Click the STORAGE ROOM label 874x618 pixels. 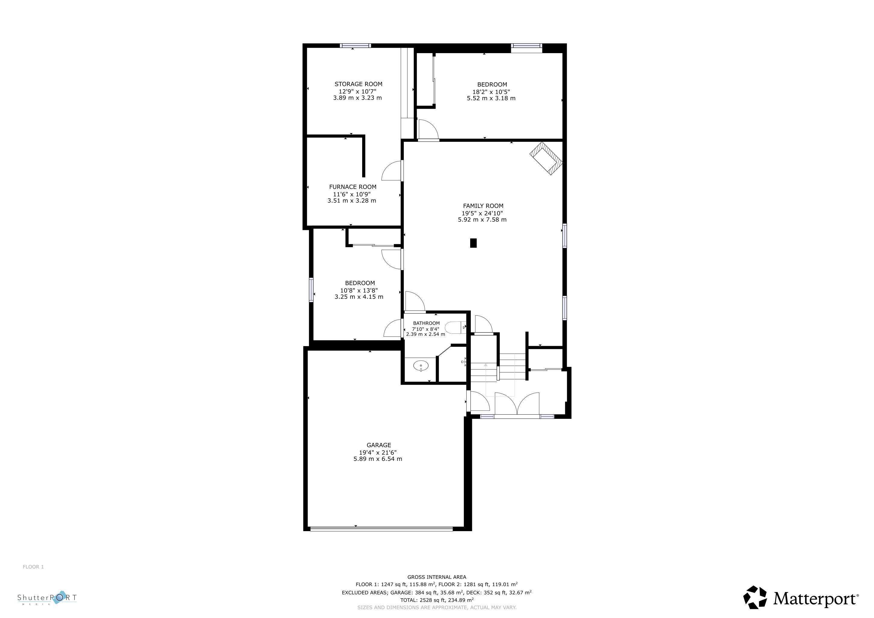[x=358, y=84]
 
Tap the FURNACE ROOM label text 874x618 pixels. [x=352, y=187]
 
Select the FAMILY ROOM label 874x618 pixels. [x=483, y=206]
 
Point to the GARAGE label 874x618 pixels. [x=379, y=445]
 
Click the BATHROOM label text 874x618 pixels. [x=426, y=323]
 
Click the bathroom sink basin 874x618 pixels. [x=421, y=366]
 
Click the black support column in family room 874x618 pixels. [x=473, y=243]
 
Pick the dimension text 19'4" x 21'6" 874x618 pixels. [x=378, y=452]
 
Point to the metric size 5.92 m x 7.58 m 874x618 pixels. [x=482, y=220]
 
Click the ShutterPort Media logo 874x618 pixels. [x=47, y=598]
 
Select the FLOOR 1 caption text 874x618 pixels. [x=33, y=567]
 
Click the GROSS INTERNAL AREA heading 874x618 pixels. [x=437, y=577]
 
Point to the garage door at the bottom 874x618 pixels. [x=381, y=529]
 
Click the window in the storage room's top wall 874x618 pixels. [x=355, y=46]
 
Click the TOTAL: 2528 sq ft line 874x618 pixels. [x=437, y=600]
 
